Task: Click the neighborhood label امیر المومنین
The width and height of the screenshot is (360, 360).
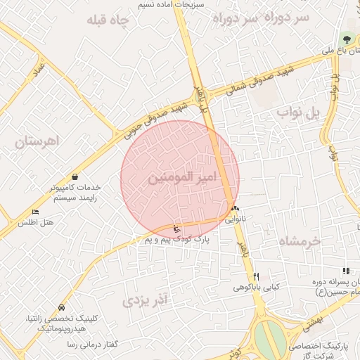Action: click(180, 179)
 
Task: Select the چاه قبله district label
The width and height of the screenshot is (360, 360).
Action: click(108, 21)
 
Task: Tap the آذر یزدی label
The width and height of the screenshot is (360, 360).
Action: click(146, 301)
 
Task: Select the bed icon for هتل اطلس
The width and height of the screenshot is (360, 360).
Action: click(36, 212)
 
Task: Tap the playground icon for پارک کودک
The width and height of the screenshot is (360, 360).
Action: click(176, 229)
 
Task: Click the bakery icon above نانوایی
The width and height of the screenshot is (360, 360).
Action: click(234, 208)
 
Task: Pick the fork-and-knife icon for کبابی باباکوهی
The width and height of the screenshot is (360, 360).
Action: click(257, 276)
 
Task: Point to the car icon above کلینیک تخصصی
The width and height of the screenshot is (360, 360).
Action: click(63, 307)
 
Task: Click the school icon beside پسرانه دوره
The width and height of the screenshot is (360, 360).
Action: click(345, 271)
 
